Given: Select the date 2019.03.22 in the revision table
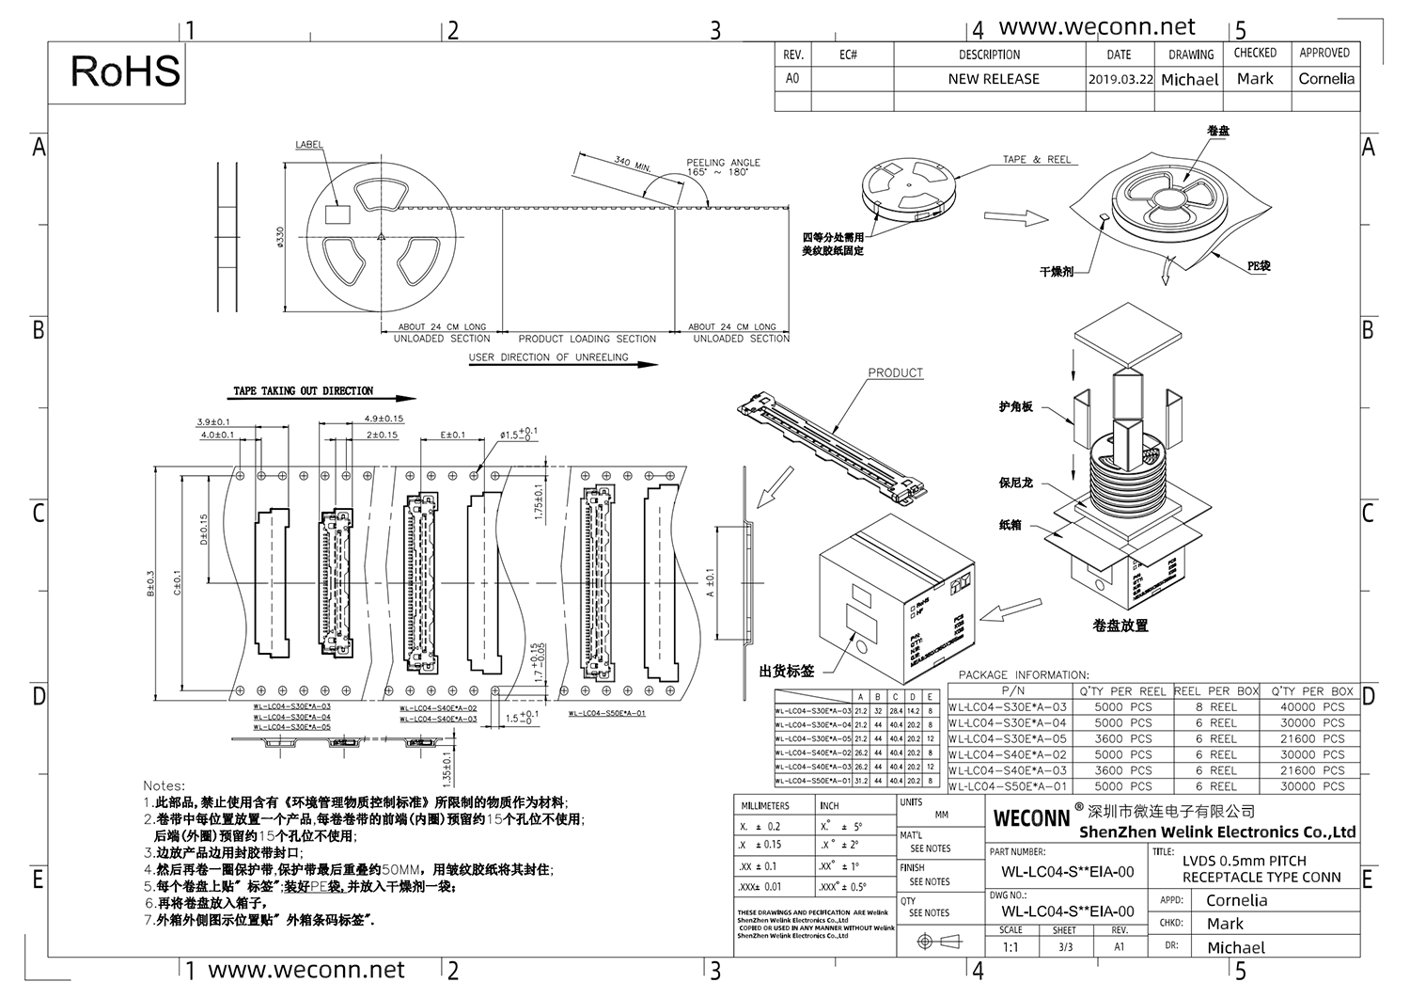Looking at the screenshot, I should [1120, 80].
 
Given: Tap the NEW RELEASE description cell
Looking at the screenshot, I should [994, 80].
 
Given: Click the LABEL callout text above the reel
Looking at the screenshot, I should [309, 145].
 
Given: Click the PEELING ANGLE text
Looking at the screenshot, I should [723, 163].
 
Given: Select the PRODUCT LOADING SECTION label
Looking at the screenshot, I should [587, 339].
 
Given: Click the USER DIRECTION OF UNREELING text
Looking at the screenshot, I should [549, 357].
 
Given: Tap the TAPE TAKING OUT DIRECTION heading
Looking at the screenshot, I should [303, 391].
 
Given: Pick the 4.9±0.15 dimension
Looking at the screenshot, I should [383, 420].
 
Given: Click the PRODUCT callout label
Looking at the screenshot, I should [895, 373].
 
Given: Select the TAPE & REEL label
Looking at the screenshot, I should [1037, 160].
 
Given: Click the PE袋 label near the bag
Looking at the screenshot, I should [1259, 266].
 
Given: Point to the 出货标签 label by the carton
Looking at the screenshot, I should [787, 672].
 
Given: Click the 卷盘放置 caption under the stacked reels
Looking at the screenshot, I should [1120, 626].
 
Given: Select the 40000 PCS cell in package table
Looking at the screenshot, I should [1311, 707].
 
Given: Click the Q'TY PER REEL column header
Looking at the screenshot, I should [1122, 691].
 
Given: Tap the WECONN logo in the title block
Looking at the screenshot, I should [1031, 818].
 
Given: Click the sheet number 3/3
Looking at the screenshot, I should [1064, 947].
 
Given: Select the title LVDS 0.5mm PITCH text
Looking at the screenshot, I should [1244, 861].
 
